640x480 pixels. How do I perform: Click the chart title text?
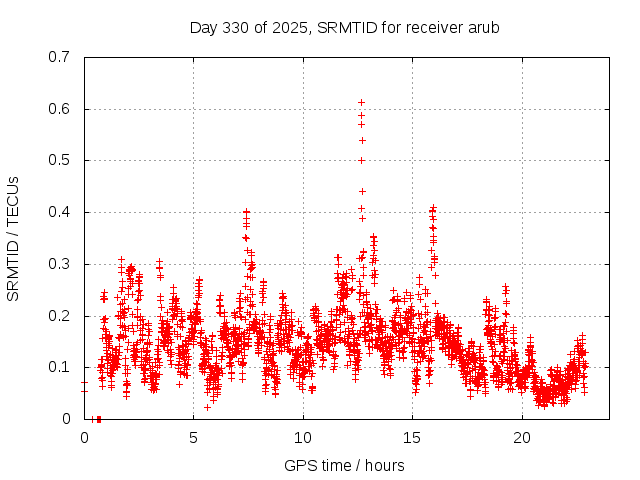pyautogui.click(x=344, y=28)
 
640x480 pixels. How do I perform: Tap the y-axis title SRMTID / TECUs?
pyautogui.click(x=13, y=238)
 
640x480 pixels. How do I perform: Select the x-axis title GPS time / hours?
pyautogui.click(x=344, y=465)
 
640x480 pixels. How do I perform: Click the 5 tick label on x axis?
pyautogui.click(x=194, y=438)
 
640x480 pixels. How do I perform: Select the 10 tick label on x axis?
pyautogui.click(x=303, y=438)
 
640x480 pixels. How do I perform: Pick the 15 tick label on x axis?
pyautogui.click(x=413, y=438)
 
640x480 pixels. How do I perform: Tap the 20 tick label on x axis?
pyautogui.click(x=522, y=438)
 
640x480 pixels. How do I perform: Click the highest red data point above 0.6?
pyautogui.click(x=362, y=102)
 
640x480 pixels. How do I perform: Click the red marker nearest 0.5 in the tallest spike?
pyautogui.click(x=362, y=160)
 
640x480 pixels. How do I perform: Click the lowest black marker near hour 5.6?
pyautogui.click(x=207, y=407)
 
